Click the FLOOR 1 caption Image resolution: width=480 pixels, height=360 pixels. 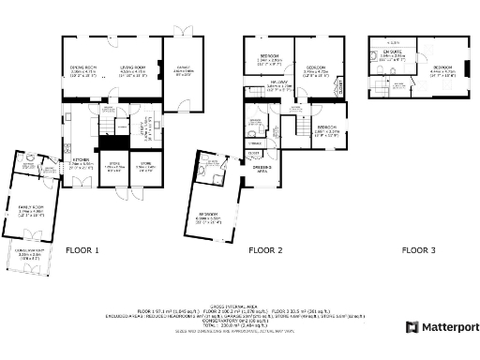pos(82,250)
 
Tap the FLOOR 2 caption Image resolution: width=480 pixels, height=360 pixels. pos(265,250)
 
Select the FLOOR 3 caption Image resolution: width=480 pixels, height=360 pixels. pos(419,250)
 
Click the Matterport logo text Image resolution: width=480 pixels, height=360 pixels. pos(447,327)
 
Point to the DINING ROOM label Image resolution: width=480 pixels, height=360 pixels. pos(84,68)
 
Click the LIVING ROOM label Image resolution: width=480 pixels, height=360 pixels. pos(131,68)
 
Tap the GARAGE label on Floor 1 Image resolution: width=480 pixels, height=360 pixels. pos(182,69)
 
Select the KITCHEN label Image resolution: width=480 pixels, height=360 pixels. pos(82,159)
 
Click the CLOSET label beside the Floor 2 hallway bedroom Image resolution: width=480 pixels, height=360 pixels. pos(339,87)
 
